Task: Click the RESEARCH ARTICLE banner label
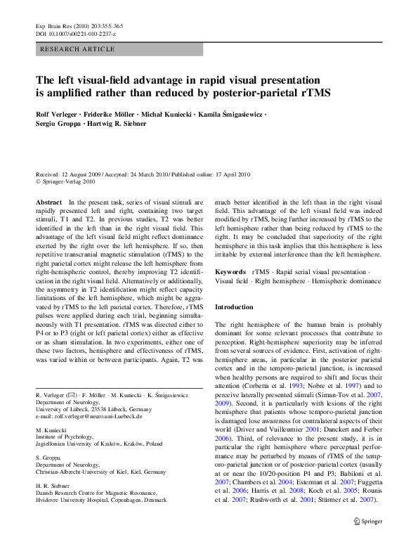coord(78,49)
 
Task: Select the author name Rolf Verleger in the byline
coord(58,114)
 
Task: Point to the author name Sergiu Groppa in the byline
coord(57,124)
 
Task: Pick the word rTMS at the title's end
coord(313,91)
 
